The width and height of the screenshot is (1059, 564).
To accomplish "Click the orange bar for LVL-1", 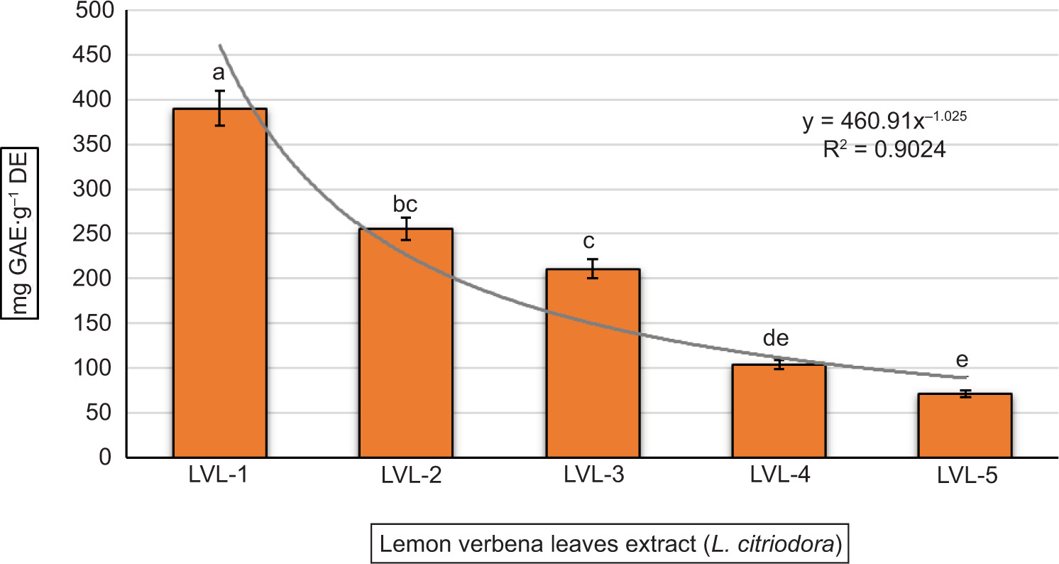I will (220, 284).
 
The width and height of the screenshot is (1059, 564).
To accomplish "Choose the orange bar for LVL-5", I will (965, 425).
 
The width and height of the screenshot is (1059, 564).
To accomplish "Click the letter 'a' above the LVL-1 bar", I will (219, 73).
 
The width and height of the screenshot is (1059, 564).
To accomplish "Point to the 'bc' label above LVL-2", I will (405, 205).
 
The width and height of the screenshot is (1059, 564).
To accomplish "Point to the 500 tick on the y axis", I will (97, 11).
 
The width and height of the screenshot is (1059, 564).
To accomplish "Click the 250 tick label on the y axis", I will (97, 234).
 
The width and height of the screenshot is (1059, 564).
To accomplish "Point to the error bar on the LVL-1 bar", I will (220, 108).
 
